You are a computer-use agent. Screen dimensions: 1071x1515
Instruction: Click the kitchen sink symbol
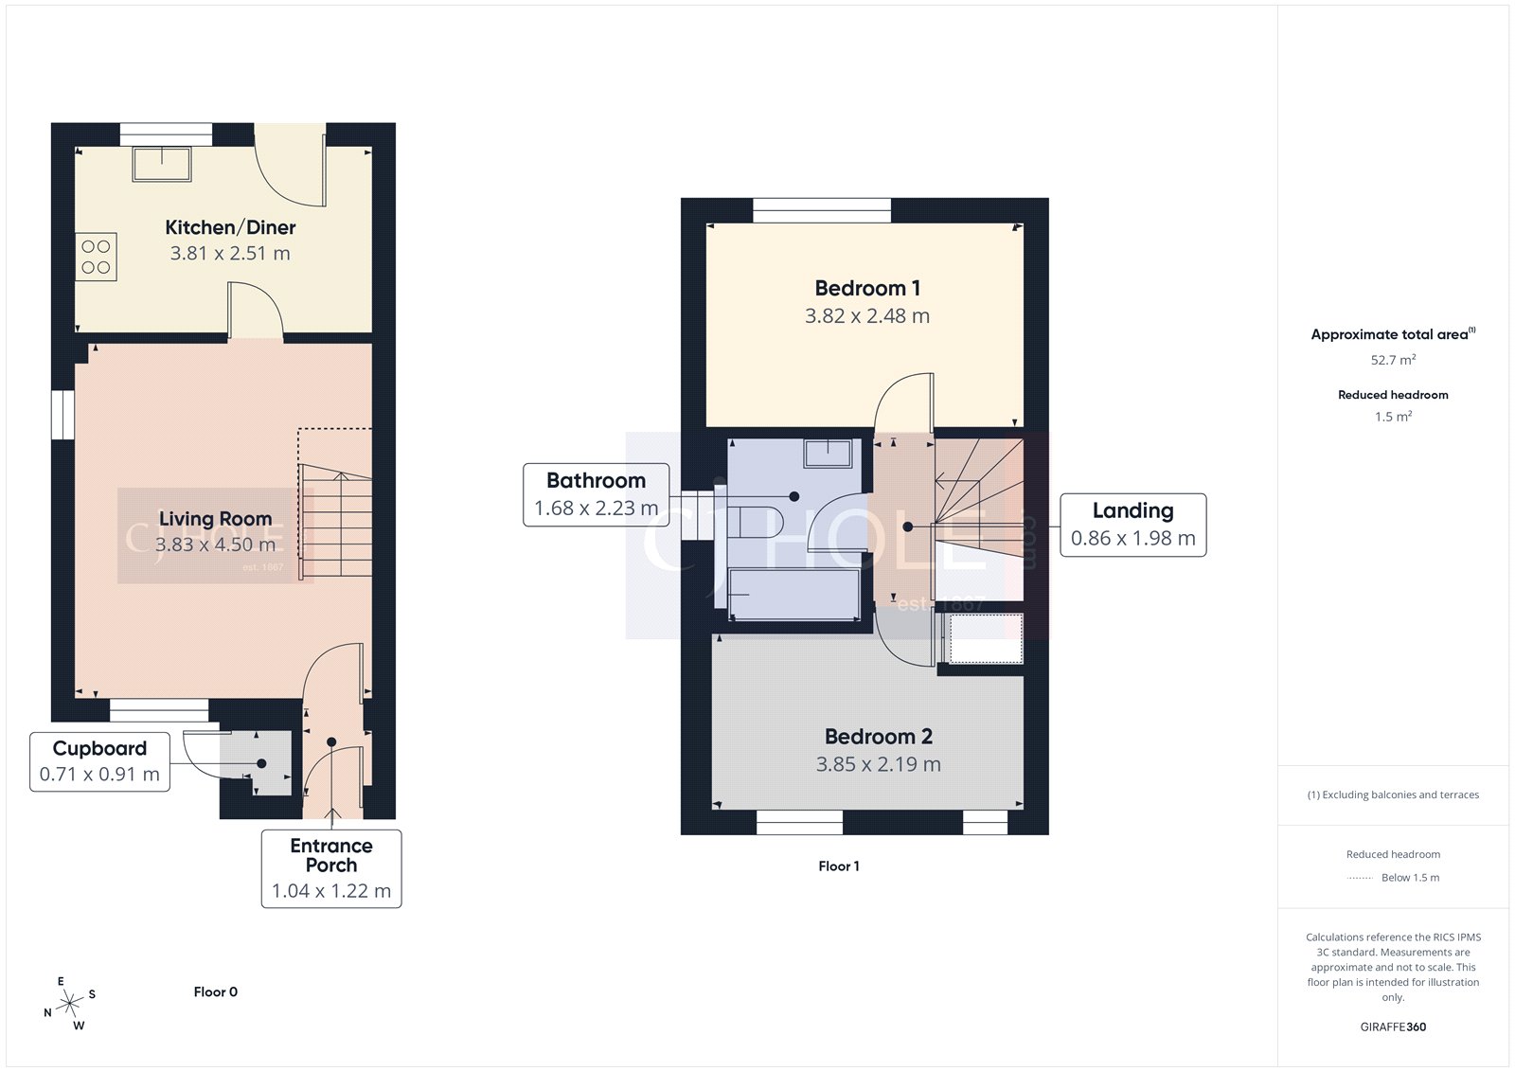point(162,164)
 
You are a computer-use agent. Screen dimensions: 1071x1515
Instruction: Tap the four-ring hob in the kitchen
point(96,257)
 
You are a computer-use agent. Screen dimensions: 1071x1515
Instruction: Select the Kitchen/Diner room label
point(230,227)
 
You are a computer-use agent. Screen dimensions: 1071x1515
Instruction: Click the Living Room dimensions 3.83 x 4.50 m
point(215,544)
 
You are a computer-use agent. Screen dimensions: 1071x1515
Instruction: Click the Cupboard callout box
point(99,761)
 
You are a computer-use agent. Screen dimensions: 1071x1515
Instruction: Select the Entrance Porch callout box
point(331,868)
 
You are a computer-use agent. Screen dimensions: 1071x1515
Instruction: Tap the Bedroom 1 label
point(867,288)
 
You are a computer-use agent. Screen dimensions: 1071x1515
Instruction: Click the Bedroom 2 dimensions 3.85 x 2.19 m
point(878,764)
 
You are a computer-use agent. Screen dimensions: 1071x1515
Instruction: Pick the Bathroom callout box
point(597,494)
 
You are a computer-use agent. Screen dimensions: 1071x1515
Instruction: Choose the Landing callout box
point(1132,525)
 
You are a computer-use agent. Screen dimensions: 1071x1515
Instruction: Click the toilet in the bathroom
point(755,522)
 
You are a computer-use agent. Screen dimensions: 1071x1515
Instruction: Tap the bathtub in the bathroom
point(793,594)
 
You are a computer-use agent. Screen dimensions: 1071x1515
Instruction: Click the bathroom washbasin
point(828,453)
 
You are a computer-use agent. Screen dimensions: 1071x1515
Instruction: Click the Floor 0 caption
point(215,991)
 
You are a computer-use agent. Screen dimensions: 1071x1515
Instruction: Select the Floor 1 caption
point(839,866)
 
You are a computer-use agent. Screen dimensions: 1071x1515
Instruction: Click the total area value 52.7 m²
point(1393,360)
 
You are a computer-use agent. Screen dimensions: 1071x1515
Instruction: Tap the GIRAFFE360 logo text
point(1393,1026)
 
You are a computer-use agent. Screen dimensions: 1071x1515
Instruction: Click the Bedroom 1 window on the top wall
point(822,210)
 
